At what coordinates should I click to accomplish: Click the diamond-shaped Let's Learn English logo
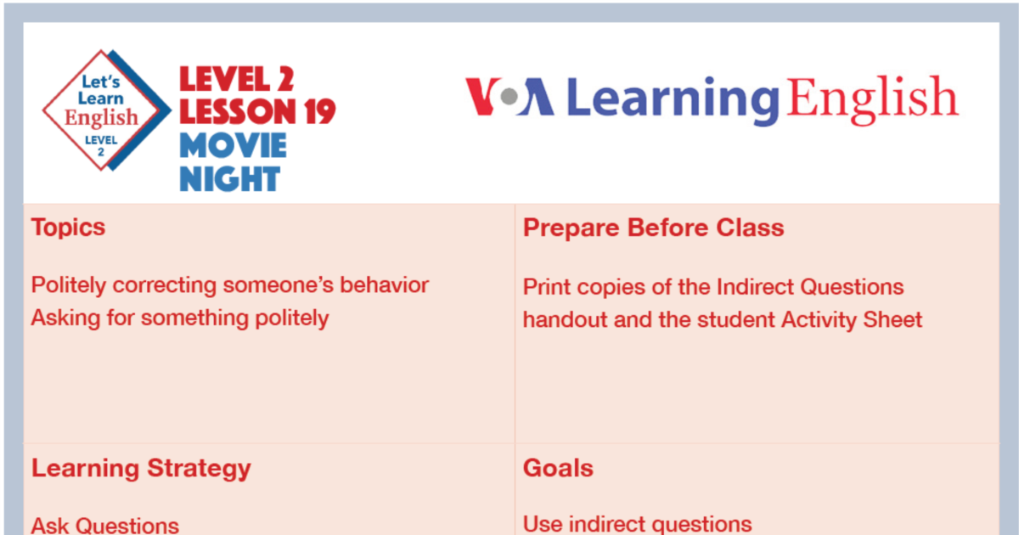pos(102,111)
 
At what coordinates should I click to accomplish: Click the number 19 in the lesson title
pos(311,111)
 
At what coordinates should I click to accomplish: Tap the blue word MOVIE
pos(233,145)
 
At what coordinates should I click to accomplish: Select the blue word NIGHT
pos(229,178)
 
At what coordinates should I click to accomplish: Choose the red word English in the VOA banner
pos(872,98)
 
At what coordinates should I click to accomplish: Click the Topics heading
pos(68,228)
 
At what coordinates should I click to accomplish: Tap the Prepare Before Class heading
pos(653,228)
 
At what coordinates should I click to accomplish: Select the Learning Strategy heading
pos(141,468)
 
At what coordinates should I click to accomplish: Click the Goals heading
pos(558,468)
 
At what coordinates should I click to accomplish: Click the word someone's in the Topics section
pos(278,285)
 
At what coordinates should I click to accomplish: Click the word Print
pos(545,286)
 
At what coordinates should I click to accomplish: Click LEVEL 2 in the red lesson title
pos(236,80)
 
